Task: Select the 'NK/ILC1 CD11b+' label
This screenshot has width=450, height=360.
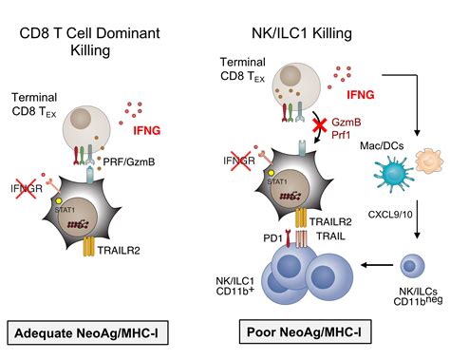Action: click(240, 281)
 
